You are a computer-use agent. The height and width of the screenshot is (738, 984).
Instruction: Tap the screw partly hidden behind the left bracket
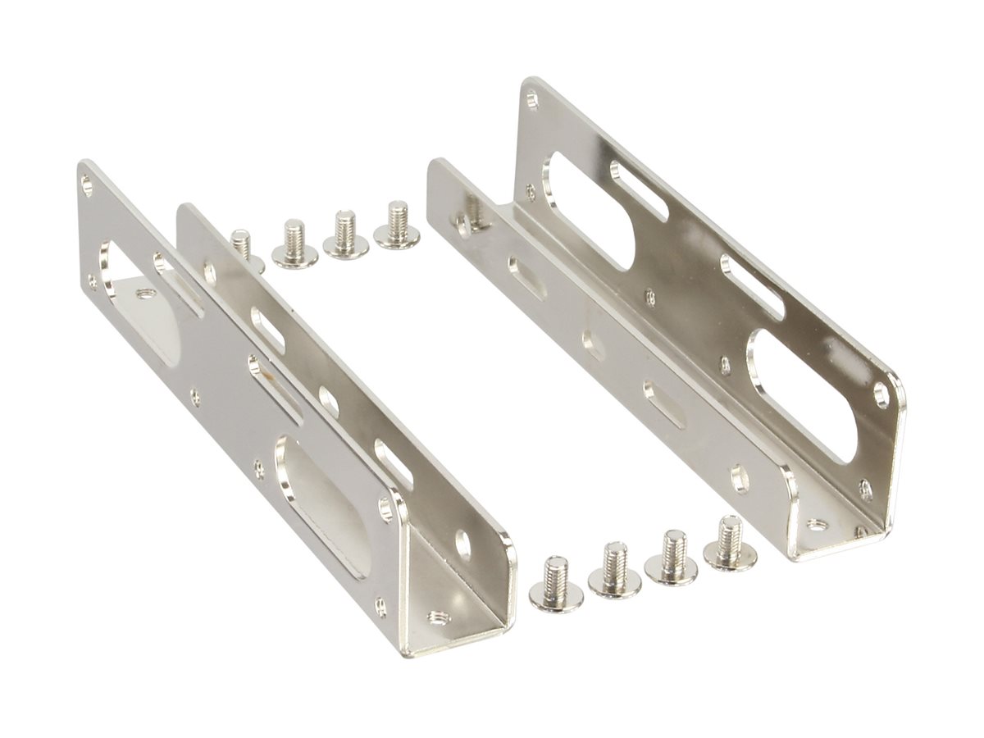(x=242, y=246)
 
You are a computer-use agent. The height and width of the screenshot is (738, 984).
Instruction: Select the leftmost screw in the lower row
(x=555, y=584)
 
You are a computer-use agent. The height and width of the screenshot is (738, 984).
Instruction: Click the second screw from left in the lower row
(x=614, y=572)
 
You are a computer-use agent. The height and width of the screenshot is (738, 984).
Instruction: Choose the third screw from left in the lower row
(x=672, y=559)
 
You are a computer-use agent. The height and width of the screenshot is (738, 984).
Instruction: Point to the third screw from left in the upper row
(x=346, y=235)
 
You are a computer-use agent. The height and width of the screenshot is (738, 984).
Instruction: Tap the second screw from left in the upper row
(x=294, y=244)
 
